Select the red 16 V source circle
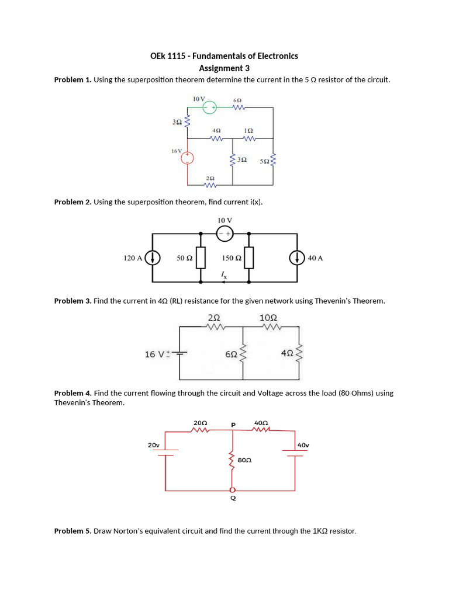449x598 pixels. (x=187, y=158)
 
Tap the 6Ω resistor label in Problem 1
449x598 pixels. (x=237, y=100)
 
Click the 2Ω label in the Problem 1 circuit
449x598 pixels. (x=210, y=178)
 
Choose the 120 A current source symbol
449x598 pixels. (x=153, y=258)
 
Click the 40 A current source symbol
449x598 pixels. (x=298, y=258)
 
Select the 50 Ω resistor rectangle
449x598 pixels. (x=201, y=258)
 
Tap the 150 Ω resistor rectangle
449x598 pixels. (x=249, y=258)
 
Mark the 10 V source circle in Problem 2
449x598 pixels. (x=224, y=234)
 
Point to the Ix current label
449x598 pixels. (x=223, y=274)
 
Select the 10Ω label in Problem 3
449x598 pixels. (x=268, y=318)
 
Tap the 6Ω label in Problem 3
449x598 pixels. (x=231, y=354)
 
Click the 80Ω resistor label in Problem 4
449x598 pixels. (x=244, y=460)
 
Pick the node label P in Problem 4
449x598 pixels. (x=233, y=425)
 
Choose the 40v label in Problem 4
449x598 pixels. (x=303, y=445)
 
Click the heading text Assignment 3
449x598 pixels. (x=224, y=68)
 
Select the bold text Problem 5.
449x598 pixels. (x=72, y=531)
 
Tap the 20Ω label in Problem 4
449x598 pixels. (x=200, y=423)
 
